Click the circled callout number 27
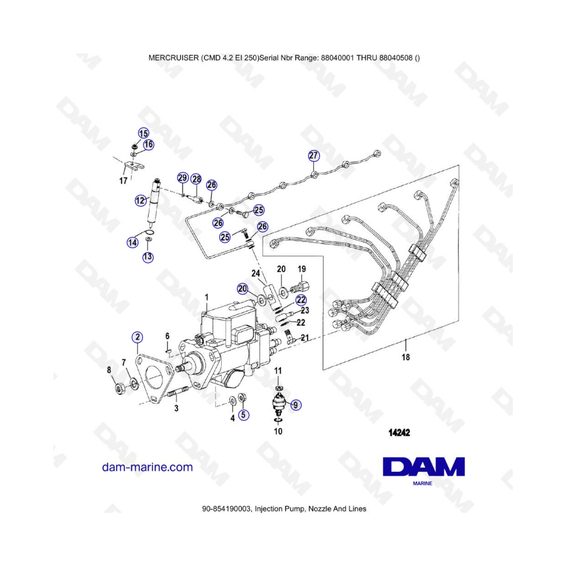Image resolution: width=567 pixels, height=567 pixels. pos(314,156)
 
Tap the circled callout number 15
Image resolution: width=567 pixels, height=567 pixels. pos(144,134)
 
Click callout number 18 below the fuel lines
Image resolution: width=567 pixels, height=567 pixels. pos(406,357)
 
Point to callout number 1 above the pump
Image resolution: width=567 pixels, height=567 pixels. pos(207,297)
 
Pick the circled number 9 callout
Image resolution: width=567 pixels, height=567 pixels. pos(295,404)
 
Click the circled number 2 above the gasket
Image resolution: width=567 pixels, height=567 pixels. pos(137,338)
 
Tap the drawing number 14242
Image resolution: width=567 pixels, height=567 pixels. pos(399,432)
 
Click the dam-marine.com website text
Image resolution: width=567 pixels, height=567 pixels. pos(147,467)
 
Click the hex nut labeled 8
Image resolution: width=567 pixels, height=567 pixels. pos(120,388)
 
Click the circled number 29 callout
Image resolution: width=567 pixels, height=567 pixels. pos(183,178)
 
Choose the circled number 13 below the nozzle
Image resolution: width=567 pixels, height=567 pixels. pos(147,257)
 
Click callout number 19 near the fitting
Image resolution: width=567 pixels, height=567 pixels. pos(302,269)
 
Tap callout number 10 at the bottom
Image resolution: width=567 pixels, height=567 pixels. pos(278,432)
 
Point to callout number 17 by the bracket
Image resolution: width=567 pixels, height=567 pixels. pos(123,180)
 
